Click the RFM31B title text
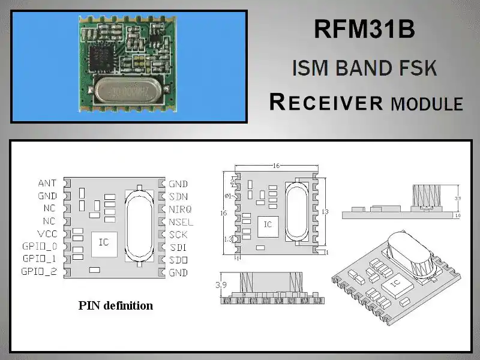click(364, 30)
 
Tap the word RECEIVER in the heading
click(326, 102)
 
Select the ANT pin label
click(47, 183)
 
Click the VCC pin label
click(47, 234)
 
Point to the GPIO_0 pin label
click(40, 247)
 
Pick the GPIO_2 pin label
click(40, 272)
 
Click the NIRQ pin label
click(181, 209)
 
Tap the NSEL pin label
click(181, 221)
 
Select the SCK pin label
click(178, 234)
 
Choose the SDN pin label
click(178, 196)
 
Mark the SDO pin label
click(178, 260)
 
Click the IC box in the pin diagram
click(103, 242)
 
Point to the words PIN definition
click(116, 305)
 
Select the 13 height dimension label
click(325, 211)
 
